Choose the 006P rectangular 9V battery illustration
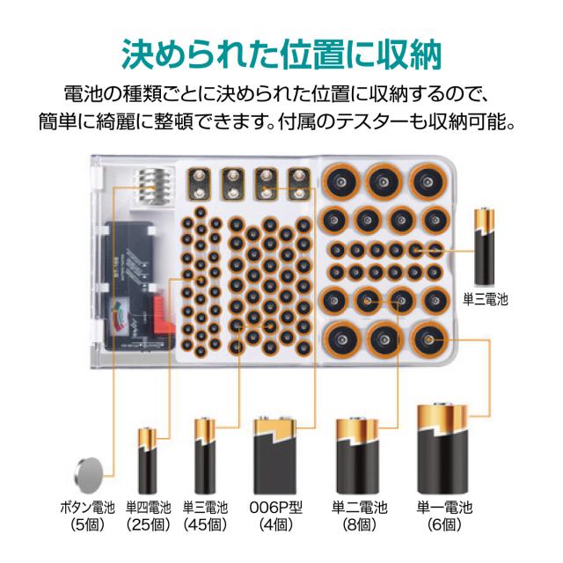tap(276, 455)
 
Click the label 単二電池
tap(359, 508)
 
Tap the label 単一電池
tap(444, 508)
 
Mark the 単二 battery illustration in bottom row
tap(359, 456)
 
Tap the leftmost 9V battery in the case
tap(201, 183)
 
